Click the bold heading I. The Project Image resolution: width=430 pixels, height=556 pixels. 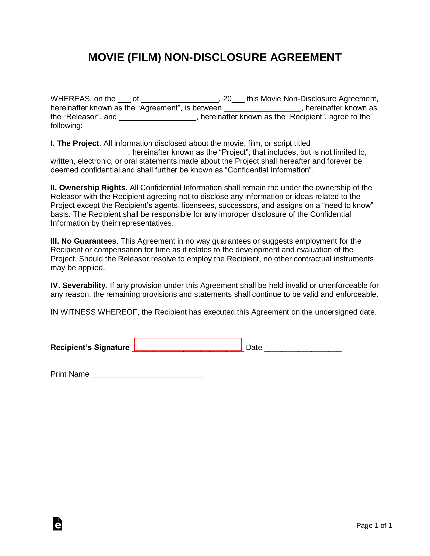(x=75, y=143)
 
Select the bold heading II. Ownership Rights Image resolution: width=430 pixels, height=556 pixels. (x=88, y=188)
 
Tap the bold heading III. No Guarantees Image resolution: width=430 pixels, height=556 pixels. (x=83, y=241)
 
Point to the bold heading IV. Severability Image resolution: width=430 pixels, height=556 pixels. (x=78, y=286)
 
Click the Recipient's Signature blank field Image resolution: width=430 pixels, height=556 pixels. (x=188, y=345)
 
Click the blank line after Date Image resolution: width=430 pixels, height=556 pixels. (x=303, y=348)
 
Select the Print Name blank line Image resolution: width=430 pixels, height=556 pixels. (x=147, y=375)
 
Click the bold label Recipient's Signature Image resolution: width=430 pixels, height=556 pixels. (x=90, y=348)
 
